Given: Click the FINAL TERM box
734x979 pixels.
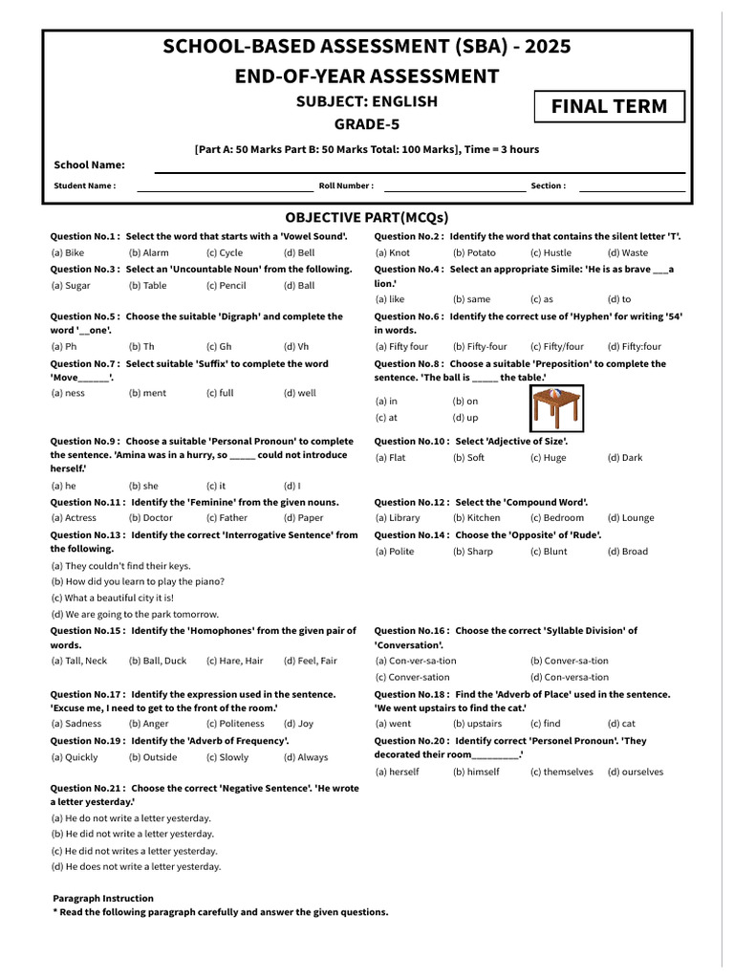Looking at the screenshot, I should (609, 106).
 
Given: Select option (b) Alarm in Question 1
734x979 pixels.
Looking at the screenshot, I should (148, 253).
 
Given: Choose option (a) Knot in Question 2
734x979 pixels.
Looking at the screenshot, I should (392, 253).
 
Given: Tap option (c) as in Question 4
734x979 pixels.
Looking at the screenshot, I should (541, 299).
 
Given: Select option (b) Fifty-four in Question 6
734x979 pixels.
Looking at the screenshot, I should (480, 347).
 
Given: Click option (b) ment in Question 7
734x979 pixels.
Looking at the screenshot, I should (147, 393).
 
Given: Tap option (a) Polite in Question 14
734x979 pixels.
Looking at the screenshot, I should (395, 552).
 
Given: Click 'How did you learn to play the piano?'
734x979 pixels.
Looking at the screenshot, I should (138, 581).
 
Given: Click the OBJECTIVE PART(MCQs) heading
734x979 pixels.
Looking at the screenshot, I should (366, 217).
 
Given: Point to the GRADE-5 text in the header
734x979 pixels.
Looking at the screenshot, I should (366, 124).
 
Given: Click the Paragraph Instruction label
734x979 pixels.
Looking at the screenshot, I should (102, 899).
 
